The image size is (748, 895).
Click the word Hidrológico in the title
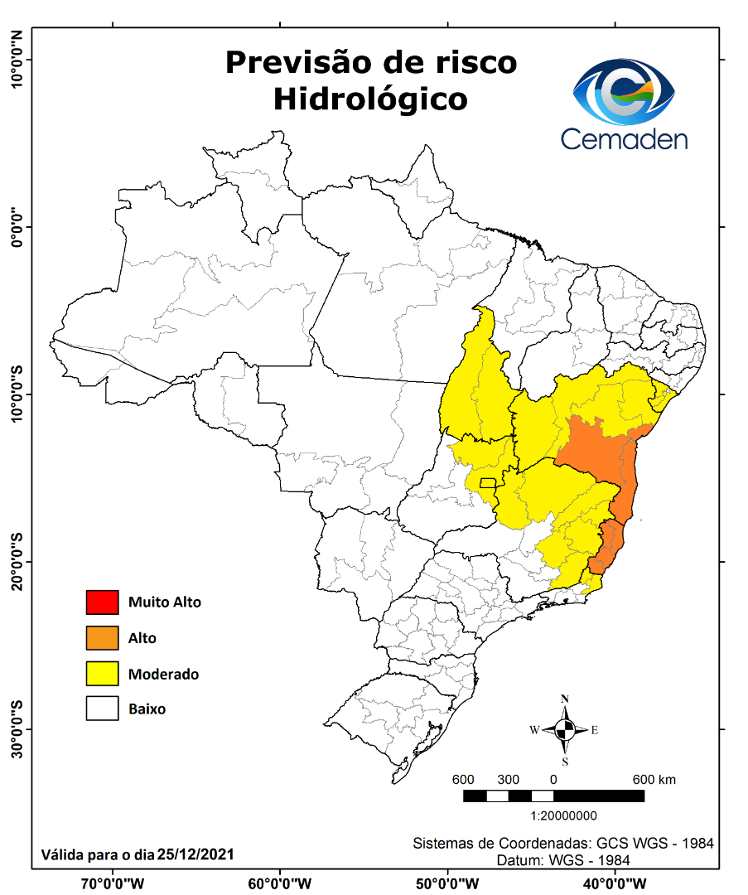pos(370,99)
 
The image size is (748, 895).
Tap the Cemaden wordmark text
pos(624,138)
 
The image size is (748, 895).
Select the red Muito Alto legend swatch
pos(103,602)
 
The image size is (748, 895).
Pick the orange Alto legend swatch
pos(103,638)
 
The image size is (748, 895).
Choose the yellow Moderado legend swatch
pos(103,674)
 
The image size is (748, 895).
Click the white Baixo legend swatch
pos(103,709)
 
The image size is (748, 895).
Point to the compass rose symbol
pos(565,729)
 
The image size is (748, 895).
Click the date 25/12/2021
pos(195,854)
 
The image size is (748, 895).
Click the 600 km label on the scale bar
pos(654,780)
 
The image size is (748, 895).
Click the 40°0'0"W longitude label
pos(615,883)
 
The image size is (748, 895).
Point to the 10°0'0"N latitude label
pos(17,60)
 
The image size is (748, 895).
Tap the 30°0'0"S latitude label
pos(17,729)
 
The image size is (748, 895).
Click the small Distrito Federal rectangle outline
pos(488,483)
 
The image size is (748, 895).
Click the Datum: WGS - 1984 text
pos(563,861)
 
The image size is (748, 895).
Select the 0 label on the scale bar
pos(553,780)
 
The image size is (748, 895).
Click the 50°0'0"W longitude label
pos(447,883)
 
